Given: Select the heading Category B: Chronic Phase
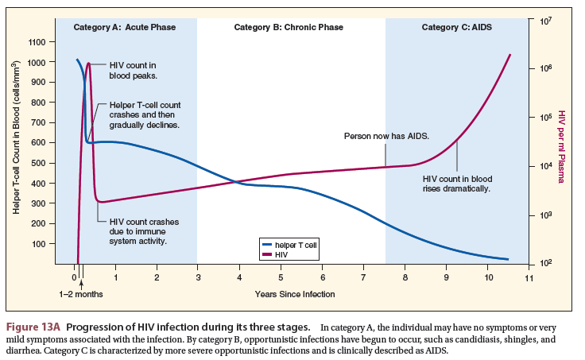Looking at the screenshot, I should tap(289, 27).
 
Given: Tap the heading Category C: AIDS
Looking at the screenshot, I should tap(456, 27).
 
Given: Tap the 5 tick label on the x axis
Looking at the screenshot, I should tap(281, 278).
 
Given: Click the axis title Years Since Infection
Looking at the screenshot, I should tap(295, 294).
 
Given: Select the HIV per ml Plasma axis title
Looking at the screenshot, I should tap(561, 147).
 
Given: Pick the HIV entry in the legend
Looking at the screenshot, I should tap(281, 254).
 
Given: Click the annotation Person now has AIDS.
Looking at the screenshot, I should tap(386, 136).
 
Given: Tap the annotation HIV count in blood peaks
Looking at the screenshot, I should tap(134, 70).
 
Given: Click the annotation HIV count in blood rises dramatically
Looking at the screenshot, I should tap(457, 184).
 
